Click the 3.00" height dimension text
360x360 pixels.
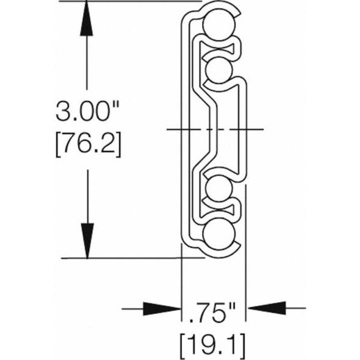[86, 112]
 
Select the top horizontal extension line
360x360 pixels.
[134, 2]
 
